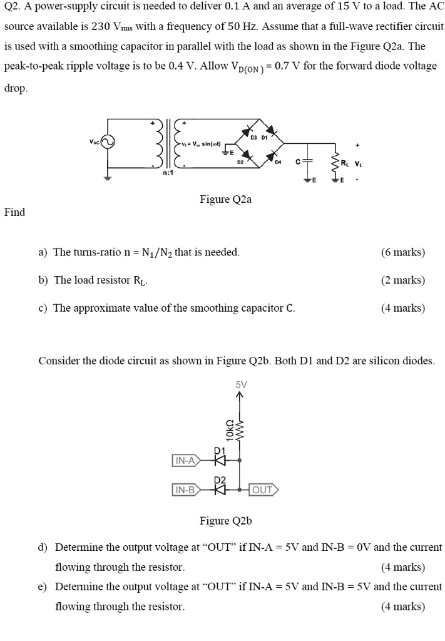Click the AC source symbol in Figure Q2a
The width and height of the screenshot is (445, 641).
(108, 143)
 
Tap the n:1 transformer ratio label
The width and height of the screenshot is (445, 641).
(168, 173)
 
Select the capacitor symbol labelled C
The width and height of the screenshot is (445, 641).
(307, 160)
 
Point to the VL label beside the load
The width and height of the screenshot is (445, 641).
(358, 164)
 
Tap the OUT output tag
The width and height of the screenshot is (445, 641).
(263, 490)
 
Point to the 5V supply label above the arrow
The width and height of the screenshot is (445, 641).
(242, 384)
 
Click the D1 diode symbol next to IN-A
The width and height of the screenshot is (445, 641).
(219, 461)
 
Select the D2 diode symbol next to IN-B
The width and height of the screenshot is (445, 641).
(219, 490)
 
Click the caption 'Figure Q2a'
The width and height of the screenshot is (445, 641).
(225, 200)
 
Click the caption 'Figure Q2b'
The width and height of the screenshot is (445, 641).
(225, 521)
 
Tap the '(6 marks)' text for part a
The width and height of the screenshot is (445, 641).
(402, 252)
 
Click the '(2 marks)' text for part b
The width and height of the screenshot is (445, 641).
(402, 280)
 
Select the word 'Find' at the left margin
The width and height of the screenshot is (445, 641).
(14, 212)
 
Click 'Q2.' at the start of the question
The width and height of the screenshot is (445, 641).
(13, 8)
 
